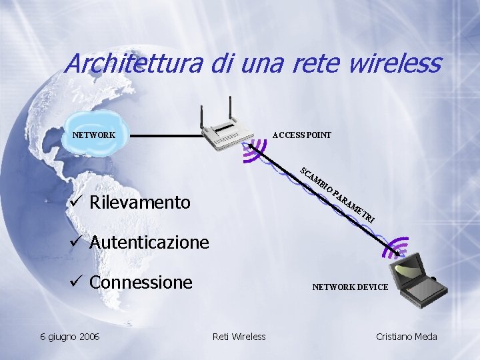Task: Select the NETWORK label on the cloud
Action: click(x=94, y=135)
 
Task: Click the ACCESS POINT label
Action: click(x=302, y=135)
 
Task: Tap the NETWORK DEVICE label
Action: click(x=350, y=287)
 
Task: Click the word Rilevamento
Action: click(x=140, y=202)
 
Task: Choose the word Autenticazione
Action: click(x=149, y=242)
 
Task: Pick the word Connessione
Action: click(x=141, y=282)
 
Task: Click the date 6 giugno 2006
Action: click(x=69, y=337)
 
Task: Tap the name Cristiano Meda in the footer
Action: click(x=407, y=337)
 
